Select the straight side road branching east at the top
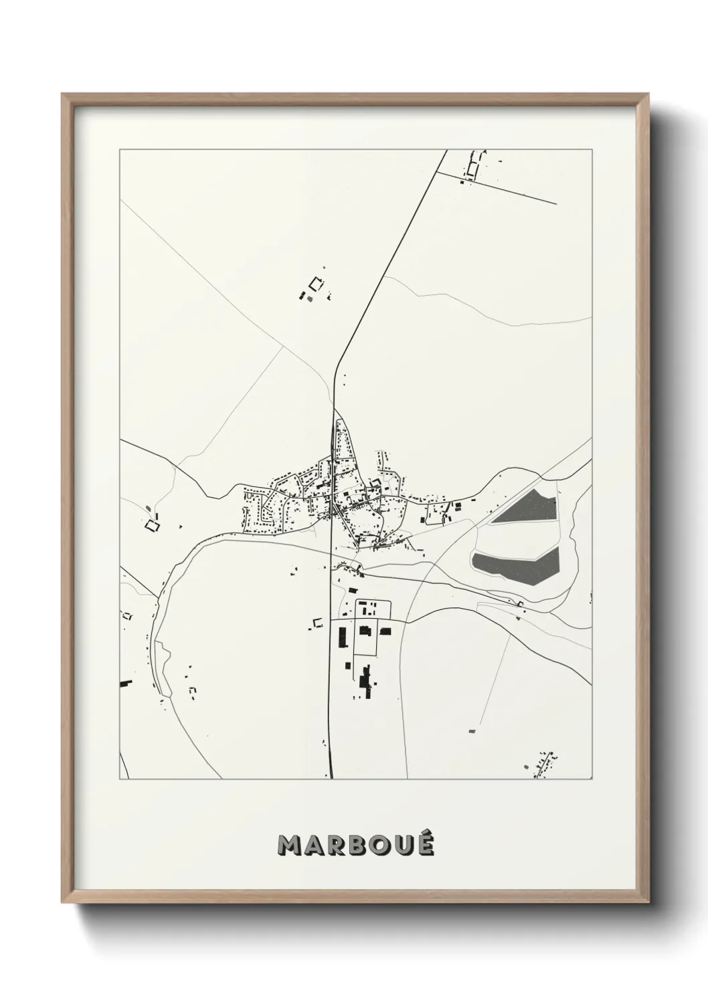pyautogui.click(x=495, y=188)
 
